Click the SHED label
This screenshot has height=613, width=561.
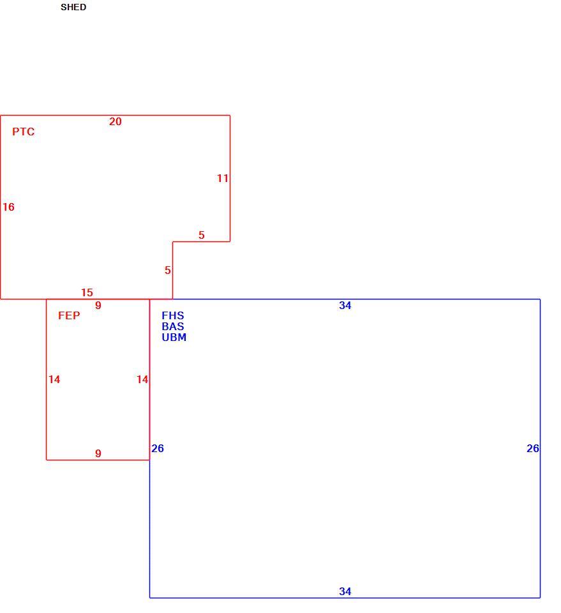click(73, 7)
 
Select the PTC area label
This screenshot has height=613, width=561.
click(23, 132)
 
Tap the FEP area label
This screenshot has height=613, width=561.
click(69, 315)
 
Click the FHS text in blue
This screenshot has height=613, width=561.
click(173, 315)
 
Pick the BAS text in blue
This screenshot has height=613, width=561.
click(173, 326)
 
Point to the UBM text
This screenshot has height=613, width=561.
click(174, 337)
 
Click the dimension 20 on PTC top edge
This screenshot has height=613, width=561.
click(116, 121)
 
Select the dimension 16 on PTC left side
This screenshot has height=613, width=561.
click(8, 207)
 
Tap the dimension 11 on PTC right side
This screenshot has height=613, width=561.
click(223, 178)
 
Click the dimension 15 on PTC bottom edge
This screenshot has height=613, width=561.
click(87, 292)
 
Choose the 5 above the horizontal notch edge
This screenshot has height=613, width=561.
click(202, 235)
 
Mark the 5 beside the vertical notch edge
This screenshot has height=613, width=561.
click(168, 270)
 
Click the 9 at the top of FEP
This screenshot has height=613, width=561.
click(98, 305)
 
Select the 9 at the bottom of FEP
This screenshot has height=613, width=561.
click(98, 453)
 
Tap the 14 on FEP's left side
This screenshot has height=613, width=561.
click(54, 379)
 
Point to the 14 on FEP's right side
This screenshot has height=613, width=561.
click(142, 379)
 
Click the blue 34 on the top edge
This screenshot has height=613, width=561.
click(345, 305)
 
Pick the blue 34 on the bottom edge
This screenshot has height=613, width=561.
click(345, 591)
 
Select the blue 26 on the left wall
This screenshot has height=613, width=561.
click(158, 448)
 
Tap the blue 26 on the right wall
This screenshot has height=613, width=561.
click(533, 448)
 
